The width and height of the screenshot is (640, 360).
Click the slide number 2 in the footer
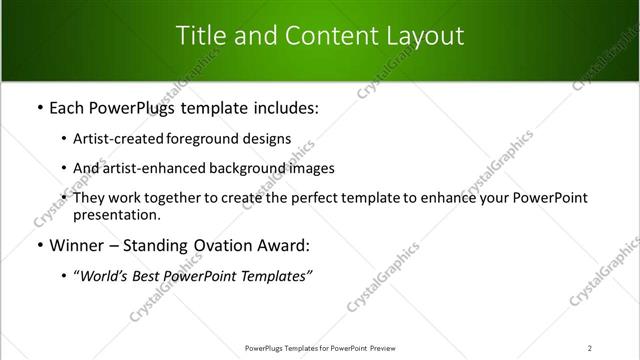pos(590,348)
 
